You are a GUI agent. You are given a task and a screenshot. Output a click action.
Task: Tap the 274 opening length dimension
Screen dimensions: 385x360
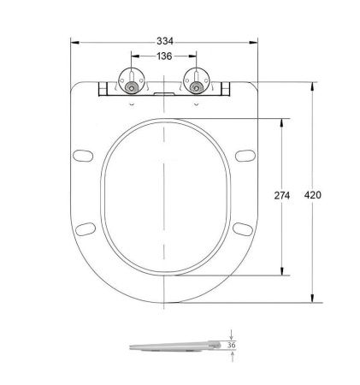[x=281, y=196]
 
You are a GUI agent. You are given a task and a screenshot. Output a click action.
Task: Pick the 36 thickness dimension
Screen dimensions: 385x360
[x=231, y=346]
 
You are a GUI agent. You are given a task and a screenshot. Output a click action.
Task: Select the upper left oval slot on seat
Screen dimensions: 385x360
[x=84, y=156]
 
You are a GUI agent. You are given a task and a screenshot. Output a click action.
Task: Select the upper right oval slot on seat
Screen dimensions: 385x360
[x=245, y=156]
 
